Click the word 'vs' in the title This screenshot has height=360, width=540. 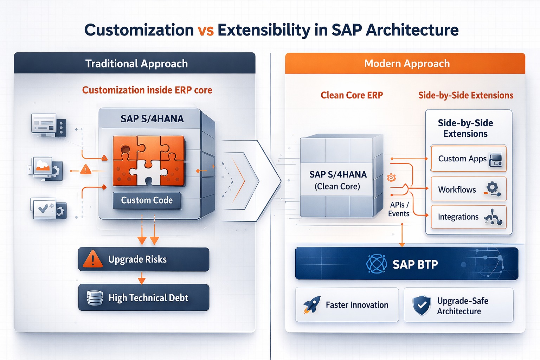click(206, 30)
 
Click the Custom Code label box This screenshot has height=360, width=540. click(147, 200)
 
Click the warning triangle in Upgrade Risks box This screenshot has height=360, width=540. click(93, 259)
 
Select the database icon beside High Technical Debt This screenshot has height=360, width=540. click(95, 298)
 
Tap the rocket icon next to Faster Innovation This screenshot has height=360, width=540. click(312, 304)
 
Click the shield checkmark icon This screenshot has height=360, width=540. click(422, 305)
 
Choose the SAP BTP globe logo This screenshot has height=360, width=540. click(377, 264)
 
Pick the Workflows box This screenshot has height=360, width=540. click(468, 189)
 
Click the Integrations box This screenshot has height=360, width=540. click(468, 217)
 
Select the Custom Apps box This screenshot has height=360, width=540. click(468, 159)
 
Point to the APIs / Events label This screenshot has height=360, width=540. click(399, 209)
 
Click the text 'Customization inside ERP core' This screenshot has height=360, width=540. click(147, 90)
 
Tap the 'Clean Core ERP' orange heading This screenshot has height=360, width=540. click(352, 95)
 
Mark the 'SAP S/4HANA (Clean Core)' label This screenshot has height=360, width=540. click(337, 180)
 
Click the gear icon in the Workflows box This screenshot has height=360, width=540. click(492, 187)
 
